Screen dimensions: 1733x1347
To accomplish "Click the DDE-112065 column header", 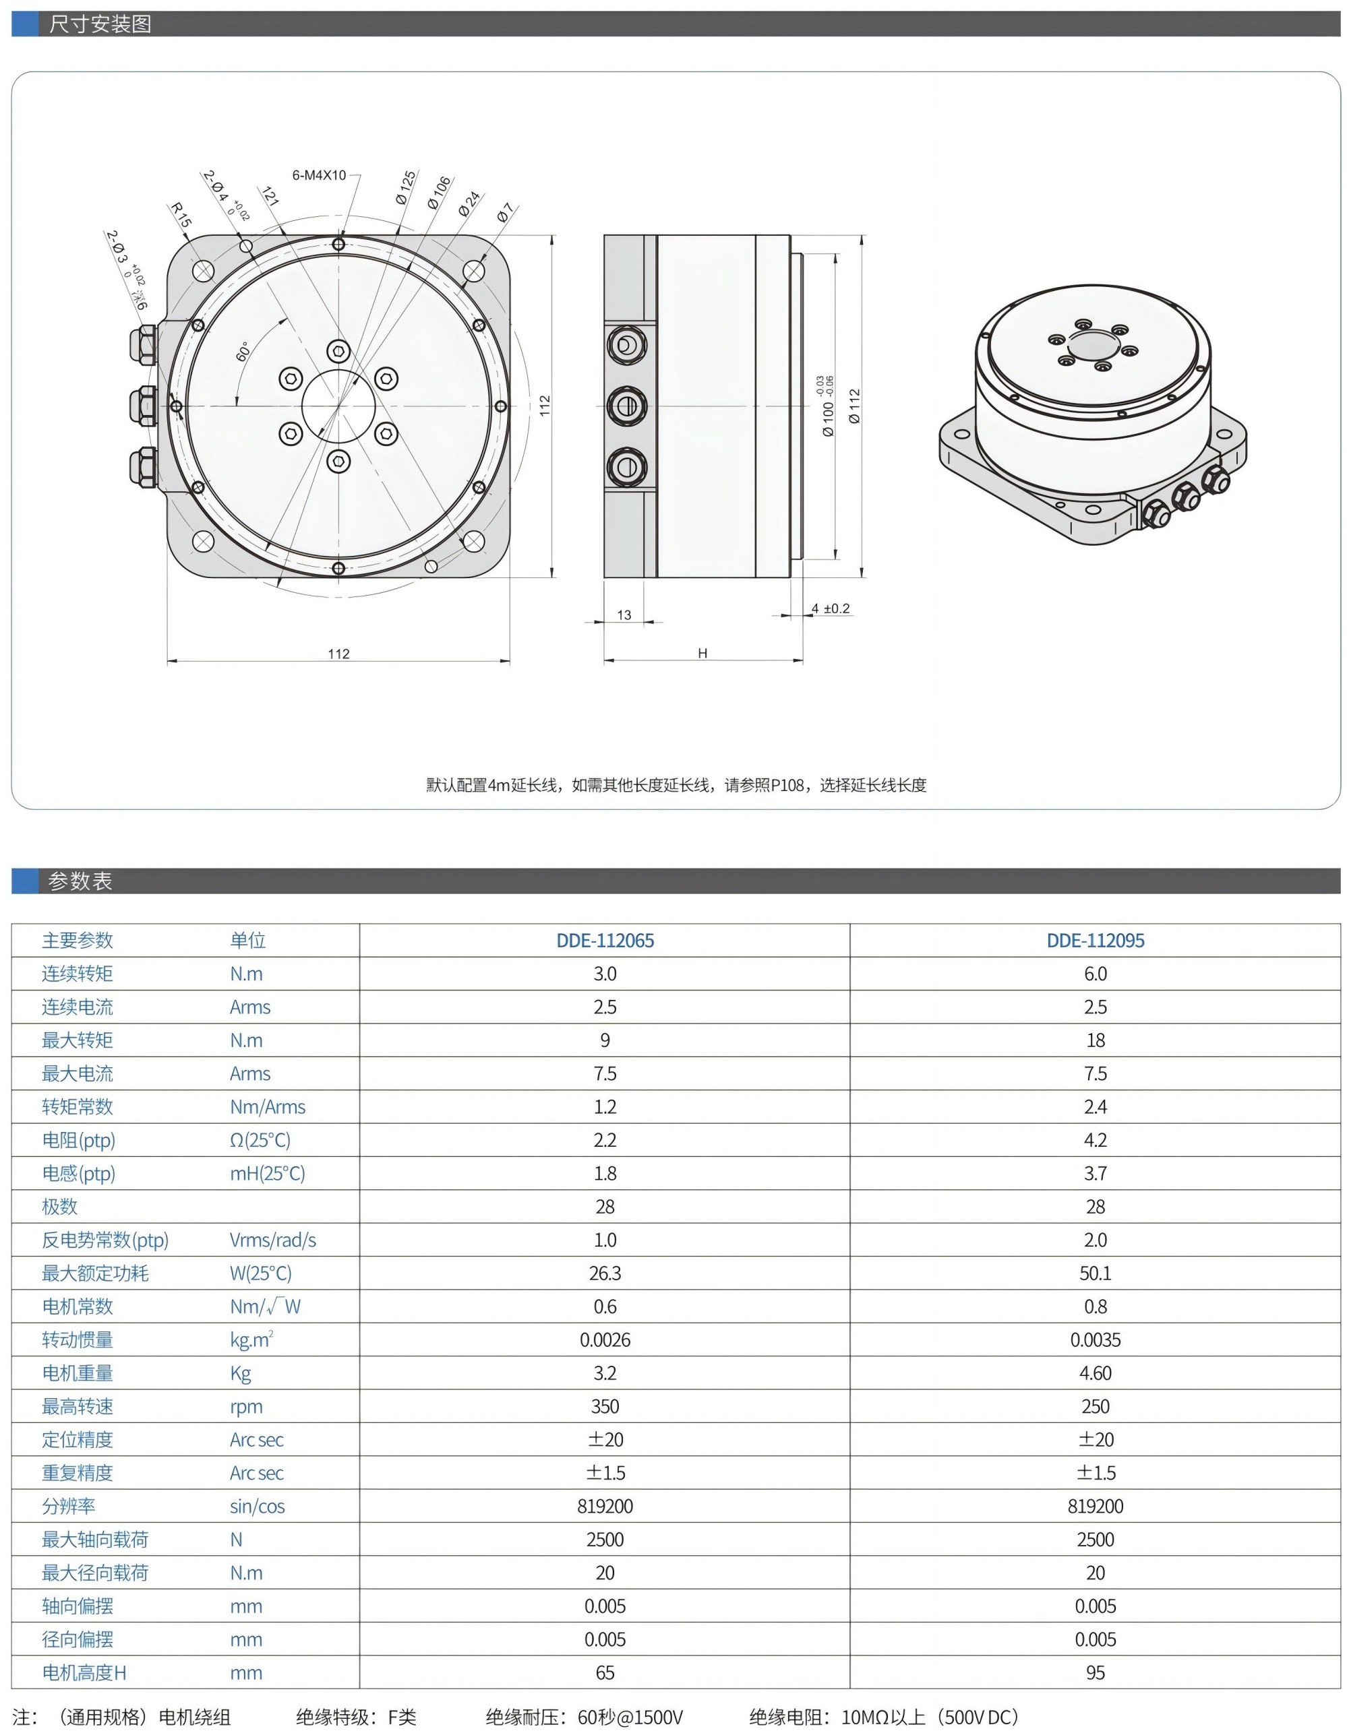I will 605,941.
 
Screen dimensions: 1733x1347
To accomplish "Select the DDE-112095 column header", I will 1095,941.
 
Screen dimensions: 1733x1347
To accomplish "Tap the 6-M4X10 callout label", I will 319,175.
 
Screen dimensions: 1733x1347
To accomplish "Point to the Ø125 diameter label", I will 406,187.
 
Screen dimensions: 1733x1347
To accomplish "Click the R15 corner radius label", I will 180,215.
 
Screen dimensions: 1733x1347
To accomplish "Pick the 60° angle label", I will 243,352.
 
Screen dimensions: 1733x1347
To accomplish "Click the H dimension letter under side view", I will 702,653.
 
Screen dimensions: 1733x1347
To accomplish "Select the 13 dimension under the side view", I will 624,615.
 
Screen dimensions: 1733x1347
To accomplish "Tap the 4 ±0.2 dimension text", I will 831,608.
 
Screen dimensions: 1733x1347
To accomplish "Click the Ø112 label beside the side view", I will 854,406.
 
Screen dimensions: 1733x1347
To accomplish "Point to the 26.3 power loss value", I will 605,1273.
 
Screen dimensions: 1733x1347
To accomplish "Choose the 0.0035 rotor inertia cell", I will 1095,1340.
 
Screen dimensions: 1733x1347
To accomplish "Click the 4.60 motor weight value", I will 1095,1373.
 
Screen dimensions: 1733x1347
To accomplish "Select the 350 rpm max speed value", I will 605,1406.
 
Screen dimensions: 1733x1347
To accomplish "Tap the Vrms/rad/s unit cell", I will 272,1239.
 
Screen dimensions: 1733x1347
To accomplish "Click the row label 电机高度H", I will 84,1672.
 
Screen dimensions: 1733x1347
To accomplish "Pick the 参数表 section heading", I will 80,881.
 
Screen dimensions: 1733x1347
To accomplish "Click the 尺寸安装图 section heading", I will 100,24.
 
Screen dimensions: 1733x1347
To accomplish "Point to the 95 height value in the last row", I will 1095,1672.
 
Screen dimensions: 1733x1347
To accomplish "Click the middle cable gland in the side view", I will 627,406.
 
